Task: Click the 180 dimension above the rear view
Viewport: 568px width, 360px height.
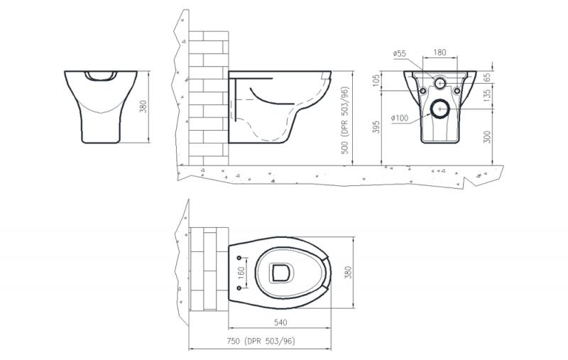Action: (x=439, y=53)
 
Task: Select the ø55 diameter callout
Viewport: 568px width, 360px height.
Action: (x=400, y=54)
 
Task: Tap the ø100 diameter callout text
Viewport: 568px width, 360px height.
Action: (x=400, y=118)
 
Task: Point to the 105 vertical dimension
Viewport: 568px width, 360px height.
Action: (x=376, y=80)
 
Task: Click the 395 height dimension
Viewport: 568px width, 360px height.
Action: (x=376, y=127)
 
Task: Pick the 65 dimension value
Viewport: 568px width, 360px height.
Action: (x=487, y=77)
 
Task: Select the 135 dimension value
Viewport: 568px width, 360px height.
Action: (x=487, y=95)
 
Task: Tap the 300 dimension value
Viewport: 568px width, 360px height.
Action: (x=487, y=137)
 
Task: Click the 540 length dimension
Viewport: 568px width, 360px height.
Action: (x=280, y=322)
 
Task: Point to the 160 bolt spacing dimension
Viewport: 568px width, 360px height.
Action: (x=241, y=273)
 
